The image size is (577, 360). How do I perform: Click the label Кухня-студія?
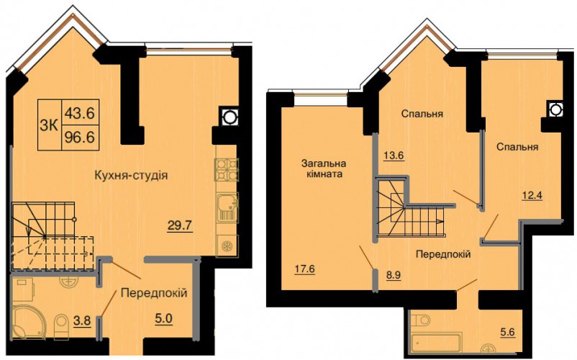click(131, 175)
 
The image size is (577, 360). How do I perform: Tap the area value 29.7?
click(180, 225)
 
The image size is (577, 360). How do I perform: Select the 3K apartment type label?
click(50, 125)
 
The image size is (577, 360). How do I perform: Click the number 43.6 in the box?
click(80, 112)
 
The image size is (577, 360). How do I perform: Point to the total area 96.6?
click(80, 138)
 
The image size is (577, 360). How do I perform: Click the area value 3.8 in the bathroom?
click(83, 320)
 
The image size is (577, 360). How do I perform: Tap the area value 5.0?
click(164, 318)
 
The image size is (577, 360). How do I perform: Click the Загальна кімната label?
click(324, 168)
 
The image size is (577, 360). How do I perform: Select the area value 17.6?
click(305, 269)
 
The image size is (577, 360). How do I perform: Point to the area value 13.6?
click(394, 156)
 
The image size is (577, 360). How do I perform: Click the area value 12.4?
click(532, 194)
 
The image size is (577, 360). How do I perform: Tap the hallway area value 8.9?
click(393, 275)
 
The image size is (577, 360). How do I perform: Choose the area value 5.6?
click(507, 332)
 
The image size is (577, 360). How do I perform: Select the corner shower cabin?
click(28, 321)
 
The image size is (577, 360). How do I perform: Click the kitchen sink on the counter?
click(227, 207)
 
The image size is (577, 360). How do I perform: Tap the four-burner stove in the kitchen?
click(227, 170)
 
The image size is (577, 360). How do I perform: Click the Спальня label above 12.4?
click(517, 147)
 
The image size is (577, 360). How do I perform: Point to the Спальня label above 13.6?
click(422, 114)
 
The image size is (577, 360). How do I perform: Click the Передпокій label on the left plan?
click(154, 293)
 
